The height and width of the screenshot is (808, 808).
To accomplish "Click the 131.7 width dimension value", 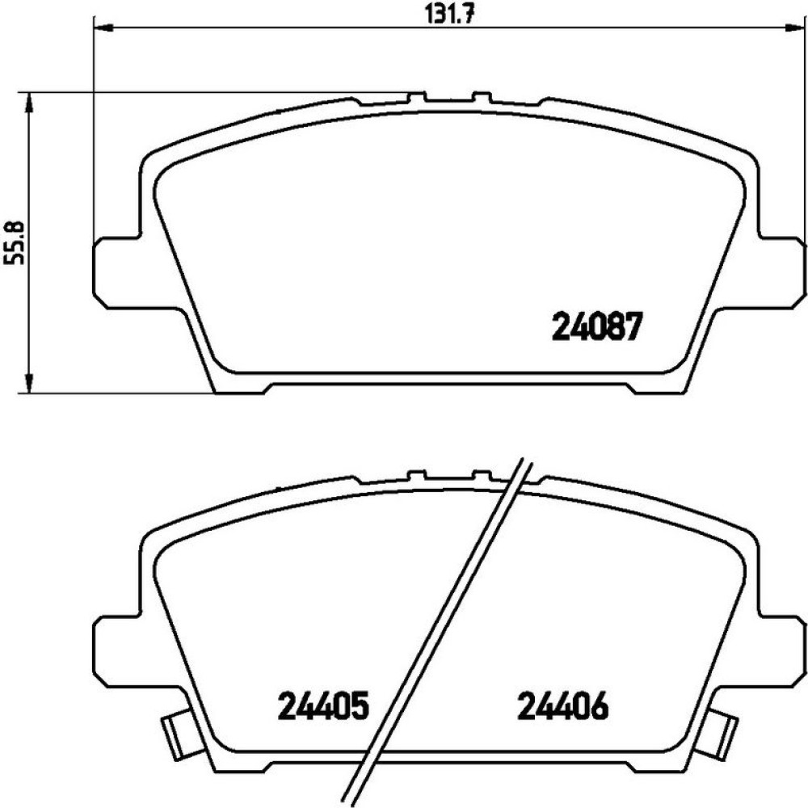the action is [448, 14].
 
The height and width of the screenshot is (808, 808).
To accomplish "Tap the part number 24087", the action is [598, 326].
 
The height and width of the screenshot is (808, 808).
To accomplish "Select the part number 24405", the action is [324, 705].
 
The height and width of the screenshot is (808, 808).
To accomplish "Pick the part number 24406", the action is [562, 705].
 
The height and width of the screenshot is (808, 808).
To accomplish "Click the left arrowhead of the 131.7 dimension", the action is [105, 27].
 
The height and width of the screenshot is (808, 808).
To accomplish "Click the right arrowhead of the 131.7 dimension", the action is [794, 27].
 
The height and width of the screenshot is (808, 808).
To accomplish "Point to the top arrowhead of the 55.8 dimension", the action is [29, 103].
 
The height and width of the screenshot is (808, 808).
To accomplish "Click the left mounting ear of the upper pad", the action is [116, 273].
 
